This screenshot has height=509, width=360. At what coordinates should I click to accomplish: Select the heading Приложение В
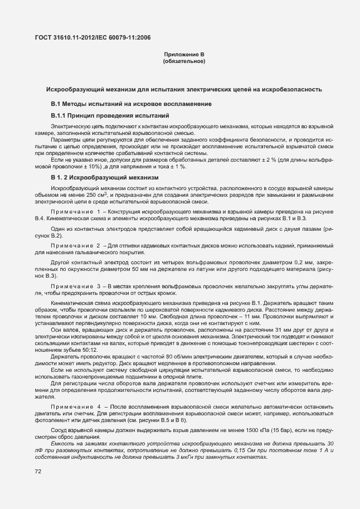[x=184, y=55]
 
